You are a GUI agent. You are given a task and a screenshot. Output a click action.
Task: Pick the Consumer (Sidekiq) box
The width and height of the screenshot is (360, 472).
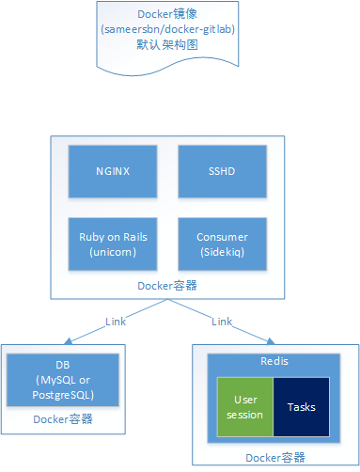click(222, 244)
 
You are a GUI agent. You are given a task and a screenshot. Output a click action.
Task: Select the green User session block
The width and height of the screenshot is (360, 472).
click(245, 407)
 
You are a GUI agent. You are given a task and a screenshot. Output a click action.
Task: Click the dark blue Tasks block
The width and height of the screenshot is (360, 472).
click(301, 407)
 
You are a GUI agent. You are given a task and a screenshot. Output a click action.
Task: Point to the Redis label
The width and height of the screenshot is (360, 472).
click(274, 361)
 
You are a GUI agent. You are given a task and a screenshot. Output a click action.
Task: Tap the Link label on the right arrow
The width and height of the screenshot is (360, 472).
click(222, 322)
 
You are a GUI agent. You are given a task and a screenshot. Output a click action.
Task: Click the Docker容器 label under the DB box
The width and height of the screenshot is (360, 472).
click(62, 419)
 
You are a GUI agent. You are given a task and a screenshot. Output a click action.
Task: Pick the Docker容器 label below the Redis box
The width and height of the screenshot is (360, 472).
click(274, 457)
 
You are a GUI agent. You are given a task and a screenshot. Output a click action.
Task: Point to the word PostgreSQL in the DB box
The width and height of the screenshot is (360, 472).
click(62, 395)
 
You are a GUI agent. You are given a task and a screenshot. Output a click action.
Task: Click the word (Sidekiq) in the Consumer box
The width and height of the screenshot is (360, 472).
click(222, 252)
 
